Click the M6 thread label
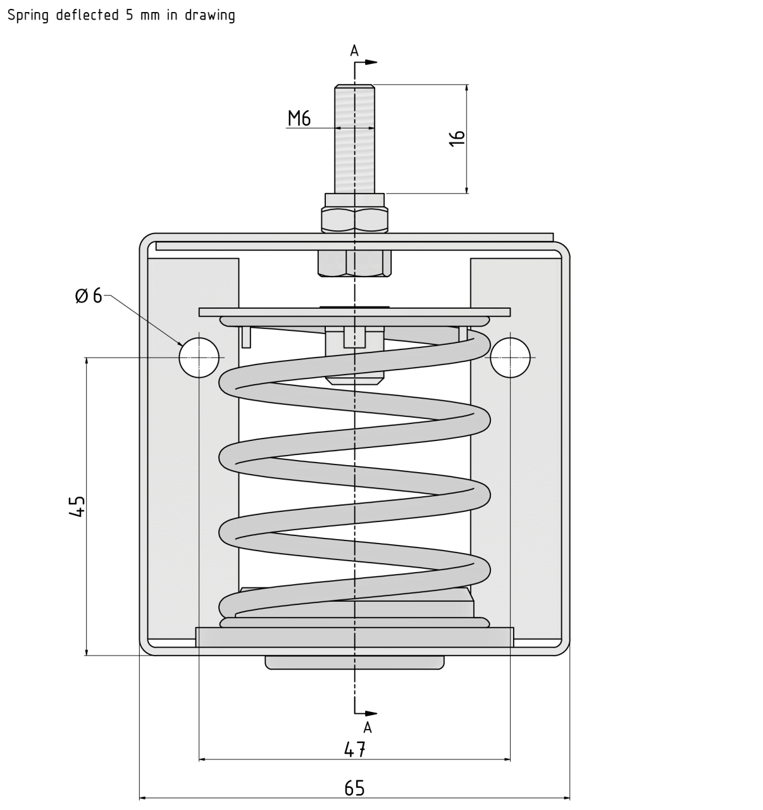click(x=299, y=118)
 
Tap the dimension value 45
click(x=77, y=507)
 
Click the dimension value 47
click(x=355, y=749)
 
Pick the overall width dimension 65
click(x=354, y=788)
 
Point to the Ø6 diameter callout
click(x=88, y=296)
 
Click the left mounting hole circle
click(x=199, y=358)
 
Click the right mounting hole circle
click(x=510, y=358)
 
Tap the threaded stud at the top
click(x=354, y=139)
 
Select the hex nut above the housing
click(x=354, y=219)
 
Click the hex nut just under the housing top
click(x=354, y=263)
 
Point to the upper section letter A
click(x=354, y=51)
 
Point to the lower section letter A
click(x=368, y=728)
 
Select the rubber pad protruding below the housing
click(x=354, y=662)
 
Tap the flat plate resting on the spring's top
click(x=354, y=312)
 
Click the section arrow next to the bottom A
click(x=371, y=713)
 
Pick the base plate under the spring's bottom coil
click(x=354, y=637)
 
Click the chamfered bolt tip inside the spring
click(x=354, y=380)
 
